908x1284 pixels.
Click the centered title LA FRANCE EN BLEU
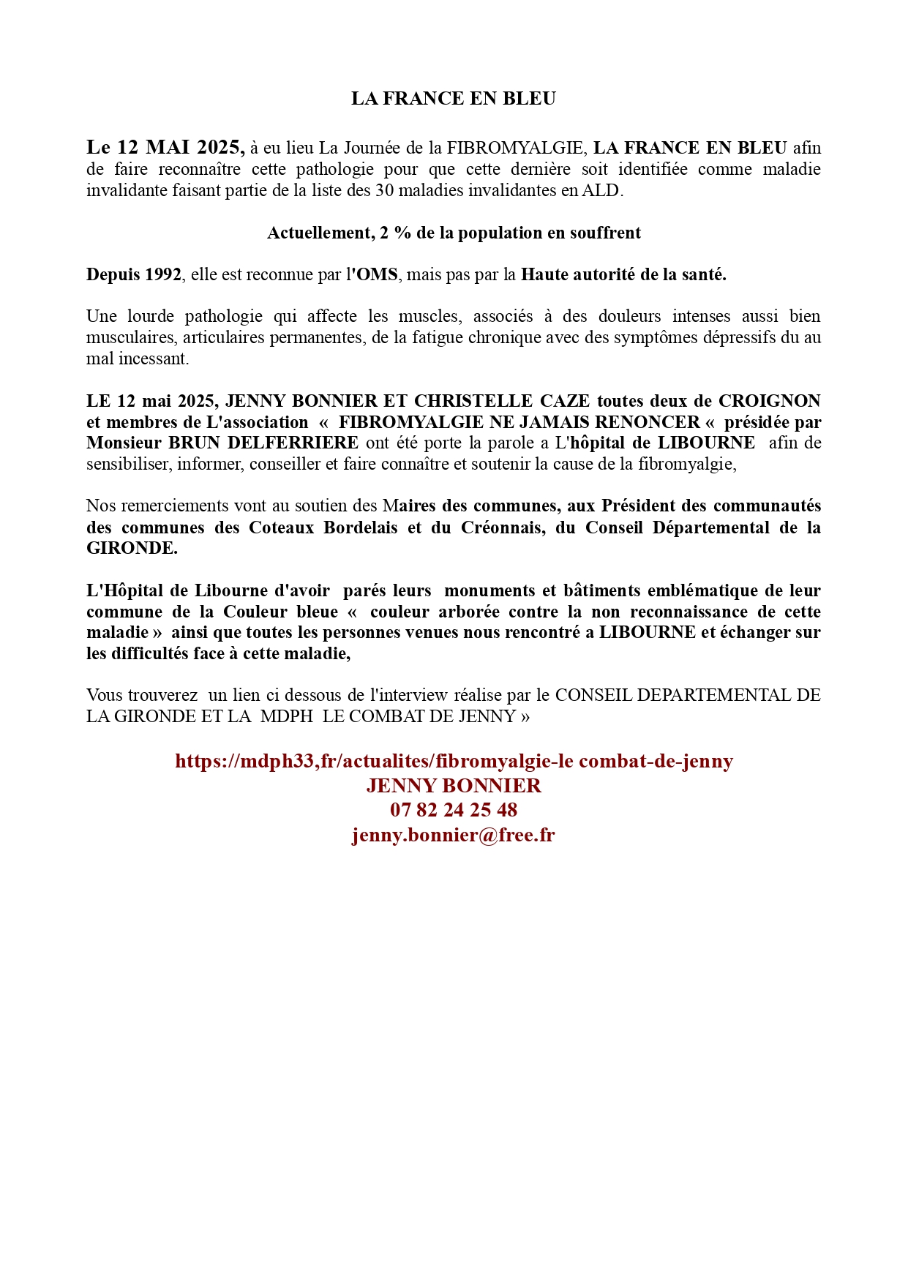tap(453, 99)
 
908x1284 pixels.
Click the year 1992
tap(163, 274)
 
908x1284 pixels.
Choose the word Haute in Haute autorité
tap(544, 274)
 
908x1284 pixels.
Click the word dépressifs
tap(740, 337)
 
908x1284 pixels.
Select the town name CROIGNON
tap(769, 401)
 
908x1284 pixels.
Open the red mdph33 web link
tap(454, 761)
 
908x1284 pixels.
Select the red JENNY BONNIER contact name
tap(454, 786)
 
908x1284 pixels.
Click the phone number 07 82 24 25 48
tap(454, 810)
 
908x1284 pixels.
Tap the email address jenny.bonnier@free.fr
tap(454, 835)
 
